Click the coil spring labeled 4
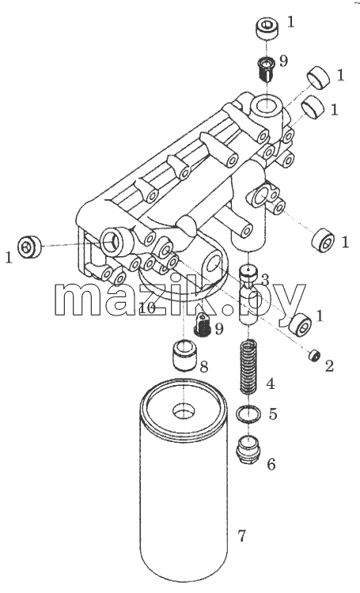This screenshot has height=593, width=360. pos(249,367)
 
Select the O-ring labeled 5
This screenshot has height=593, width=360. pos(248,414)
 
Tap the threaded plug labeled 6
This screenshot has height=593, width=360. pos(248,449)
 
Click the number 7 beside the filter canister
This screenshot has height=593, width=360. pos(241,535)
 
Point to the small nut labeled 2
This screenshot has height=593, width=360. pos(315,356)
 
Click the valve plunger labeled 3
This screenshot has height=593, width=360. pos(248,294)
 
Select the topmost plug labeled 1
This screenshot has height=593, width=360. pos(267,28)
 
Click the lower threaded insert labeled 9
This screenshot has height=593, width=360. pos(203,324)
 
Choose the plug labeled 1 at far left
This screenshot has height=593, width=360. pos(29,246)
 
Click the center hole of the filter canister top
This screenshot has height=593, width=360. pos(184,410)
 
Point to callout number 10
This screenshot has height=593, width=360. pos(147,308)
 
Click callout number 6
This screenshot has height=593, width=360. pos(271,464)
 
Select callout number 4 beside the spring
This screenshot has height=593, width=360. pos(271,383)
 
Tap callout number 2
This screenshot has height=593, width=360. pos(329,366)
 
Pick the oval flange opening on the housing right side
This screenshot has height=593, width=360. pos(262,196)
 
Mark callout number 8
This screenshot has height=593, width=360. pos(203,366)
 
